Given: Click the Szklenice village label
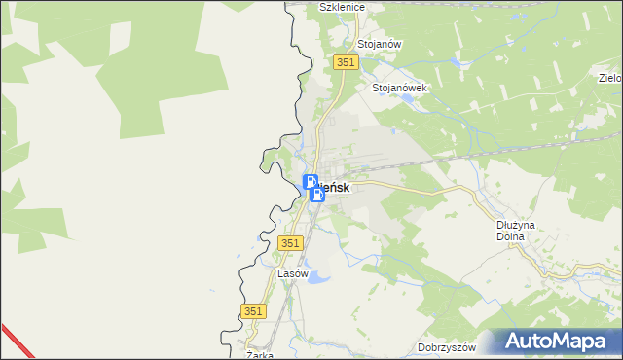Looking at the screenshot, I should [x=341, y=7].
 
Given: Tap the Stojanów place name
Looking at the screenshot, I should [x=380, y=45].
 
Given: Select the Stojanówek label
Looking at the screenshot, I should [x=400, y=87].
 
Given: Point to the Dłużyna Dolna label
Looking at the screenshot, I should [x=510, y=230].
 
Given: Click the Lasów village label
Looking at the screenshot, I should [x=293, y=273].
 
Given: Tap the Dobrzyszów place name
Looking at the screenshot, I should [x=446, y=347].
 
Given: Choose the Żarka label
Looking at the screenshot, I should [x=259, y=355].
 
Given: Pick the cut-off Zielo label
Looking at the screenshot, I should [x=610, y=77].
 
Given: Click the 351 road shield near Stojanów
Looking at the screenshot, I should [x=347, y=62].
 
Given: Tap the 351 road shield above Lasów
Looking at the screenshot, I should [x=290, y=243].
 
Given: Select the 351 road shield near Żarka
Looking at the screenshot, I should [x=252, y=310].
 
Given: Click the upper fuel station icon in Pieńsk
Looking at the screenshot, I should [x=311, y=181].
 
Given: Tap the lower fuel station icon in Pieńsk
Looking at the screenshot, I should [x=316, y=195].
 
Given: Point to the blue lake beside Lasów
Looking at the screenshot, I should [x=317, y=279].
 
